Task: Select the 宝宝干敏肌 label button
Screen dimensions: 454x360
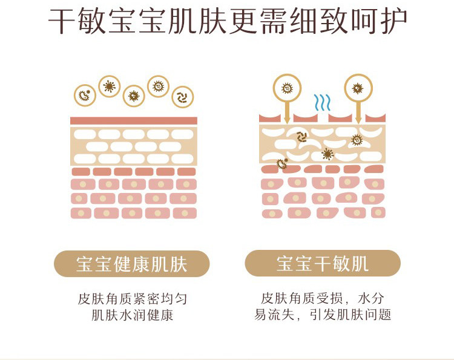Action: tap(323, 264)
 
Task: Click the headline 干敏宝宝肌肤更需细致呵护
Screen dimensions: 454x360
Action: tap(228, 22)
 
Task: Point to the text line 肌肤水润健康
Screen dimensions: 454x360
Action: tap(132, 315)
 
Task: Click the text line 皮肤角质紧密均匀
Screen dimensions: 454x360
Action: tap(132, 299)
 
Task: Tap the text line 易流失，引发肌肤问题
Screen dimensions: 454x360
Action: tap(323, 315)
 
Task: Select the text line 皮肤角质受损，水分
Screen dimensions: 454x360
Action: tap(323, 299)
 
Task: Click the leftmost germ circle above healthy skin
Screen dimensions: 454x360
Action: tap(85, 95)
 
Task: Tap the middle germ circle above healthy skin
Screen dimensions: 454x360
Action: tap(134, 95)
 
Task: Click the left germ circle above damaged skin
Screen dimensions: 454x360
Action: tap(287, 88)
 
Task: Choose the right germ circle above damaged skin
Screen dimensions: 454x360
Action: tap(358, 88)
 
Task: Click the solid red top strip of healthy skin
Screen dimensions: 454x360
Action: tap(134, 120)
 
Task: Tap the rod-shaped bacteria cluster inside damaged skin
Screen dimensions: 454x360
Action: tap(301, 137)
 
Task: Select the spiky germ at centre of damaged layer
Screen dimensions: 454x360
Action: tap(327, 154)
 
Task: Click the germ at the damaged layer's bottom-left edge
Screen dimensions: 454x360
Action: tap(281, 163)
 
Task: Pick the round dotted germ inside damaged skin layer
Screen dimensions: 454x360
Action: tap(357, 140)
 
